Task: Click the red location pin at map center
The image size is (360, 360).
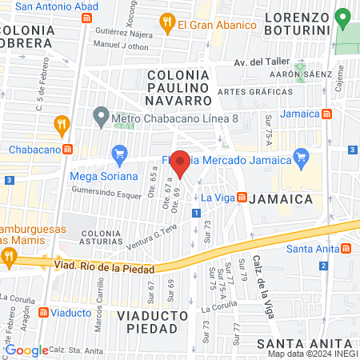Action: (181, 162)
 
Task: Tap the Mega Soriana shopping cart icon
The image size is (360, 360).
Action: (120, 153)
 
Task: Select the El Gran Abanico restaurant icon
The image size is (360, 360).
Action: (168, 24)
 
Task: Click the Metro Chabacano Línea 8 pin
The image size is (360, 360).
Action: (101, 118)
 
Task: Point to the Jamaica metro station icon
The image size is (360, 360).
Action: (326, 114)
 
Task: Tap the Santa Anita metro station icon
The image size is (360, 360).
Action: (345, 248)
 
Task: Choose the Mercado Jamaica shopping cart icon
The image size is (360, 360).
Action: (301, 157)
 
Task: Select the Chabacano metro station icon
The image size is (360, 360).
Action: (68, 150)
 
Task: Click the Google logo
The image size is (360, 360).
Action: (26, 350)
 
